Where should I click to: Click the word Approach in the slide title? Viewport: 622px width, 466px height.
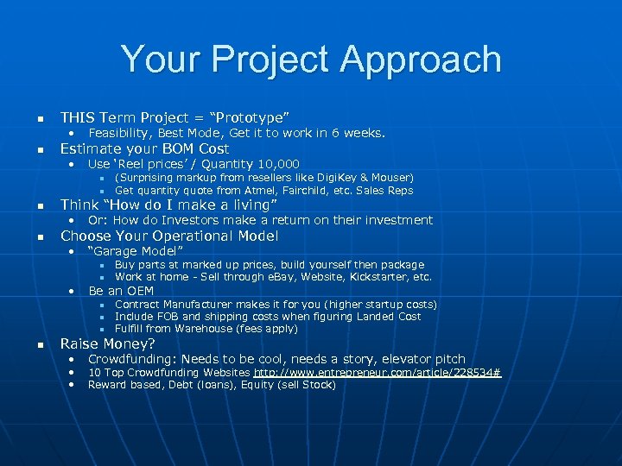pyautogui.click(x=421, y=59)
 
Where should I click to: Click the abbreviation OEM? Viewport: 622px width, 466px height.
pyautogui.click(x=140, y=291)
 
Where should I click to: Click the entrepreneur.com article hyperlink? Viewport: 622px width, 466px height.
pyautogui.click(x=377, y=372)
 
